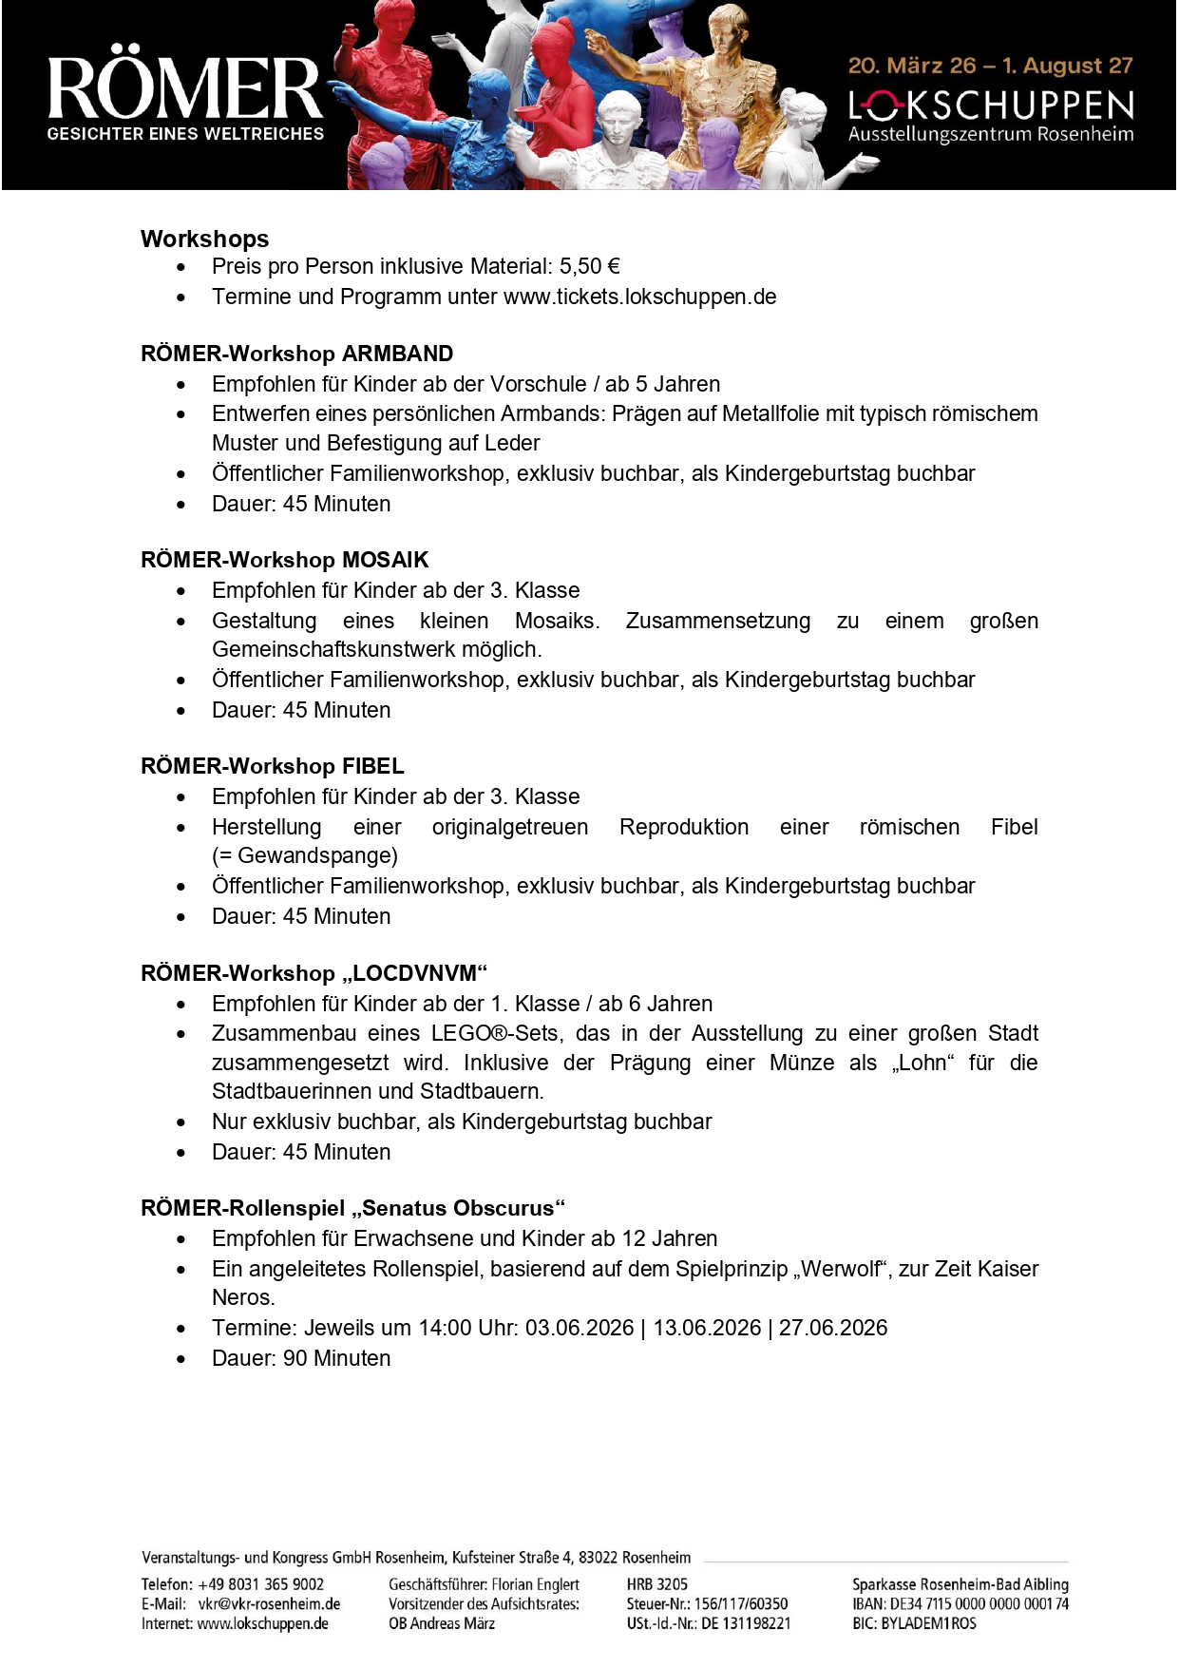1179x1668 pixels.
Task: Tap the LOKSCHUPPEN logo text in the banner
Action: click(x=991, y=105)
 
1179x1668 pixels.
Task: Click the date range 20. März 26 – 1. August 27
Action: click(x=990, y=66)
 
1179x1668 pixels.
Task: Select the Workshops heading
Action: click(x=204, y=239)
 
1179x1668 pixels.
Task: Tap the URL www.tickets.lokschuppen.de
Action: click(x=639, y=297)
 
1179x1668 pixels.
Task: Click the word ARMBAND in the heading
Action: click(x=397, y=355)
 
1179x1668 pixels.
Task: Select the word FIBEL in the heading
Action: click(x=372, y=767)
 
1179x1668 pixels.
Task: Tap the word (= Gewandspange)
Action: click(x=305, y=856)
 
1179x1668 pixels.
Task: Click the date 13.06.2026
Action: click(x=707, y=1329)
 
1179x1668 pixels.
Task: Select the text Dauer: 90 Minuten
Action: click(x=301, y=1359)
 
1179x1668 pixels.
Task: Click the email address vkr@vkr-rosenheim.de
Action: click(x=269, y=1604)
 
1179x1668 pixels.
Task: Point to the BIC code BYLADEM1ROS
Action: click(x=928, y=1624)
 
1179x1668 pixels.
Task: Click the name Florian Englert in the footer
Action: click(x=535, y=1584)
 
